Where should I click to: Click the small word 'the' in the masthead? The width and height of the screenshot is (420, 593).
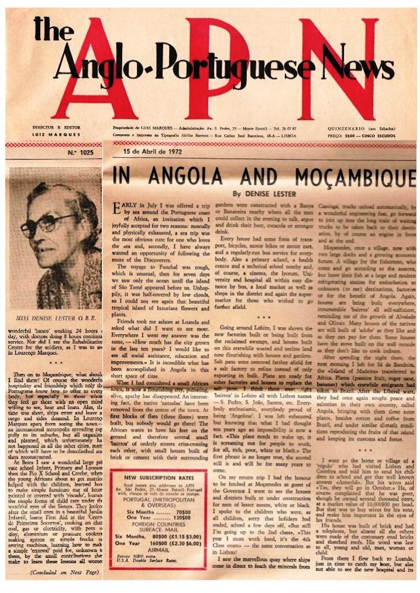tap(53, 29)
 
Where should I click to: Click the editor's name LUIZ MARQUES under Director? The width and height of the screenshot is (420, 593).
tap(57, 135)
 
